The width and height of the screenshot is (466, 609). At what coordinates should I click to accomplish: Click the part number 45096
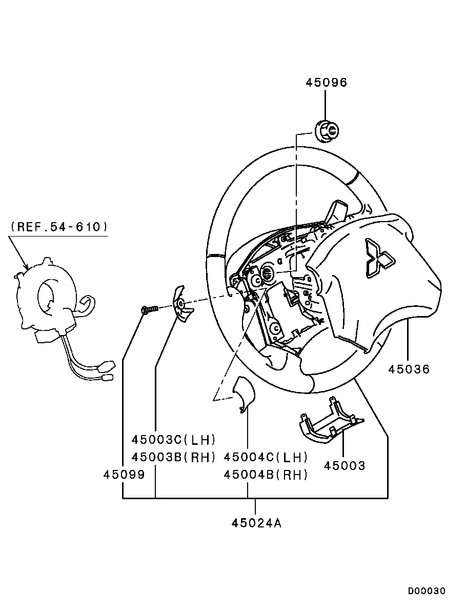pos(326,82)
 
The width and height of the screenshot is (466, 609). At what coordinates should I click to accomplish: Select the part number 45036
pos(409,369)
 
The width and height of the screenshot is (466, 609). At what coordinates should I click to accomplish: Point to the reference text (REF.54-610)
pos(59,226)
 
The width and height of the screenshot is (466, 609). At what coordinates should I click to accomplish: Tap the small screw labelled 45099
pos(150,309)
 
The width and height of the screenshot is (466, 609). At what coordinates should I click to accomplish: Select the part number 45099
pos(124,474)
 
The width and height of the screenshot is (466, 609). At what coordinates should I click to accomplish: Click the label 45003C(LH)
pos(173,440)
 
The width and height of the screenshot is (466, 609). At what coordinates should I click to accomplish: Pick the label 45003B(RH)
pos(173,457)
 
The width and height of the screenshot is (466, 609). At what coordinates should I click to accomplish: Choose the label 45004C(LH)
pos(266,457)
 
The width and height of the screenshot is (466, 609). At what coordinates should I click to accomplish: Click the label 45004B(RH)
pos(266,475)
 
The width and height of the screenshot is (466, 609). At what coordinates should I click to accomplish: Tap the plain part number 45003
pos(345,466)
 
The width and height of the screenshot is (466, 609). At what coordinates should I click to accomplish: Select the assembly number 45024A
pos(256,523)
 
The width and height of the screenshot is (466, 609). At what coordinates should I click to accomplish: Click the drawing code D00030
pos(426,591)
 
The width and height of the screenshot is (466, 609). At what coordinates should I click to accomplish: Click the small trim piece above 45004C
pos(244,394)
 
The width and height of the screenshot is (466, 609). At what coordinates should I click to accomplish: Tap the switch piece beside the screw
pos(183,304)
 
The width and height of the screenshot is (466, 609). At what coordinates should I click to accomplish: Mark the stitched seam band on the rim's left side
pos(216,256)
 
